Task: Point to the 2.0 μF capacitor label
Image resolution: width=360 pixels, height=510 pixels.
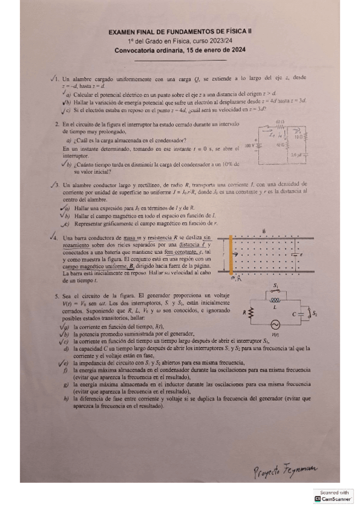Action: coord(295,155)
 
